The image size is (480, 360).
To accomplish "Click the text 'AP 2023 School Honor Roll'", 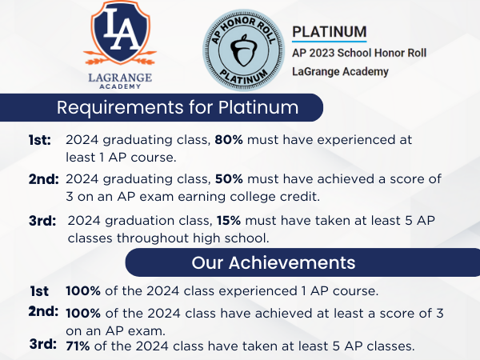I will pyautogui.click(x=359, y=53).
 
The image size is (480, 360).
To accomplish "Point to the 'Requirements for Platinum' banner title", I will pyautogui.click(x=178, y=107).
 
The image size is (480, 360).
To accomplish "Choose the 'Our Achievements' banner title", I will pyautogui.click(x=274, y=262).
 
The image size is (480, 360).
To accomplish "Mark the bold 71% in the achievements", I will pyautogui.click(x=79, y=346).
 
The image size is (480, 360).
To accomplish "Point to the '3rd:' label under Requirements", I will pyautogui.click(x=42, y=220).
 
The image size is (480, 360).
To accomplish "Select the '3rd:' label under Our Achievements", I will pyautogui.click(x=42, y=345).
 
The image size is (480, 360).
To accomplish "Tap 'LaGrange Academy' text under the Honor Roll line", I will pyautogui.click(x=340, y=72).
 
